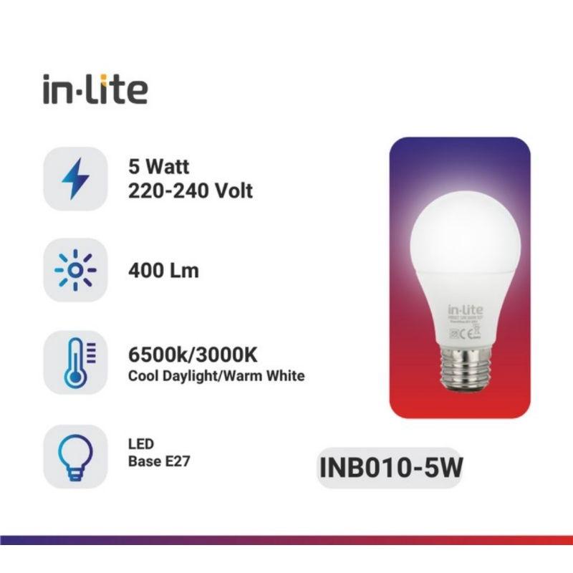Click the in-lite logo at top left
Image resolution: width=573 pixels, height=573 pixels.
[x=95, y=89]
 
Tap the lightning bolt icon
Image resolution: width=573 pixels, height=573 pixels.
[x=75, y=179]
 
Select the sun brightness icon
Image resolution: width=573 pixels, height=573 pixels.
[x=75, y=271]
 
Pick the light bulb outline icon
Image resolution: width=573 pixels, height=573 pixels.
[x=75, y=451]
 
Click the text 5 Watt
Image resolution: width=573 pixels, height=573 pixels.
[x=158, y=168]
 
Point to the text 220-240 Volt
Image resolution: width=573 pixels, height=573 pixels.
[x=190, y=191]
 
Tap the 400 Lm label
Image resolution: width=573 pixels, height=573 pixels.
[x=163, y=271]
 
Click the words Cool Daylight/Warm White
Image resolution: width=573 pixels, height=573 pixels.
[x=216, y=376]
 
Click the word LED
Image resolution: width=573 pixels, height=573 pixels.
[x=140, y=445]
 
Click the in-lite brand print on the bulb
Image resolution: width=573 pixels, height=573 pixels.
[x=462, y=309]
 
